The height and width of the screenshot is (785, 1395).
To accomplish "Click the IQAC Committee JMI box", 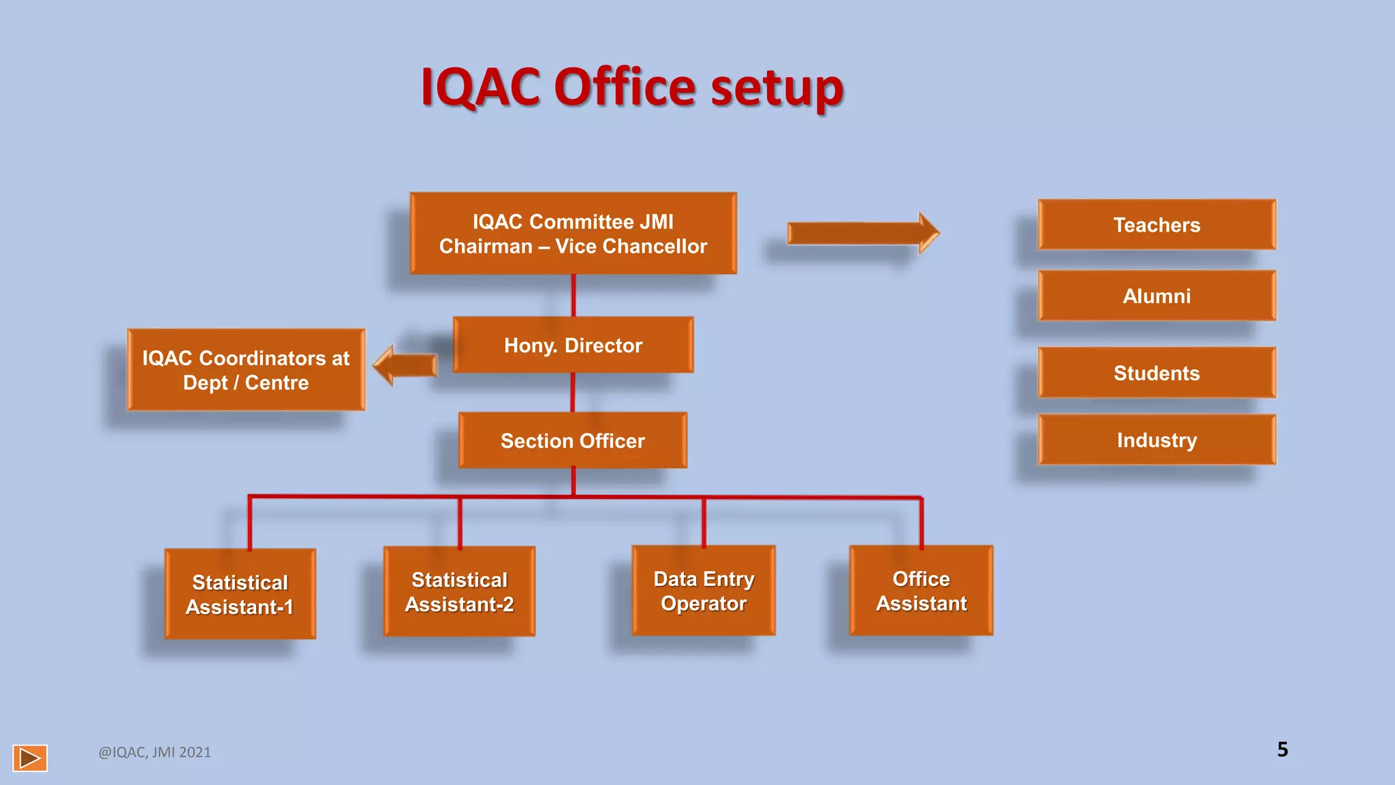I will (573, 233).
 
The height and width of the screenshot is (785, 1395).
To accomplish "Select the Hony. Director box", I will (573, 345).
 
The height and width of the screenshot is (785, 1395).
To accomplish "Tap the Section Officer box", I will (573, 440).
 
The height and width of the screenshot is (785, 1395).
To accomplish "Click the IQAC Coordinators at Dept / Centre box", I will (246, 370).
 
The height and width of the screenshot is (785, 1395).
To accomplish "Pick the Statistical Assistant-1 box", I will (240, 594).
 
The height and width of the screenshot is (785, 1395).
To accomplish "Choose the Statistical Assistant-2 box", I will (459, 591).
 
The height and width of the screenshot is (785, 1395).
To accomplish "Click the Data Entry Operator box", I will (704, 591).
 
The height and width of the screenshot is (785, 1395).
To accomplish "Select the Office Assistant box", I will (921, 591).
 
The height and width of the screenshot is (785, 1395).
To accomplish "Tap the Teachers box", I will (1157, 225).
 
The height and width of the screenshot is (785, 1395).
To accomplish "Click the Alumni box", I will (1157, 296).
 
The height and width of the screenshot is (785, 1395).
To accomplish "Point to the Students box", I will (1157, 373).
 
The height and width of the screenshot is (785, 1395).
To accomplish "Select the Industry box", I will (1157, 440).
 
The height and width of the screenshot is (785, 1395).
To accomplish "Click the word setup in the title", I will (777, 89).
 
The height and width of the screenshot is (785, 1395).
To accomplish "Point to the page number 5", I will (1283, 750).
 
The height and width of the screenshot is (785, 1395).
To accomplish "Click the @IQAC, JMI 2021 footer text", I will (155, 752).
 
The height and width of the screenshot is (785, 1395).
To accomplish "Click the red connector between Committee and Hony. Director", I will (574, 295).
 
